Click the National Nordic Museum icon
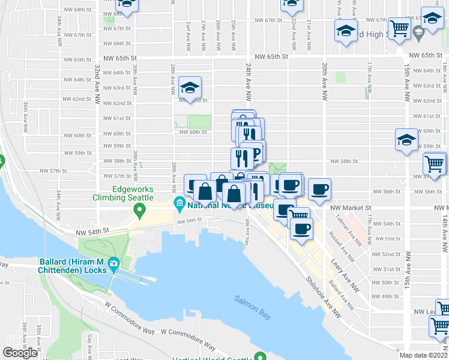click(x=179, y=205)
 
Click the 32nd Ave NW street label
click(x=96, y=81)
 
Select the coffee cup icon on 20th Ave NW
click(x=319, y=190)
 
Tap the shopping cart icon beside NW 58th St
click(x=435, y=163)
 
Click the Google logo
click(x=20, y=353)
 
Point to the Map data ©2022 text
click(x=423, y=355)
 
